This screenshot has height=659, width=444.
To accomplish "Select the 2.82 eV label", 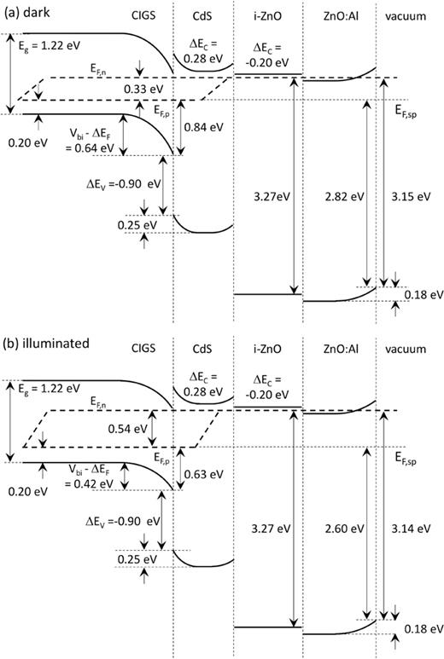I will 345,195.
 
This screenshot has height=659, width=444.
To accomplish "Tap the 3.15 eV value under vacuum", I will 408,195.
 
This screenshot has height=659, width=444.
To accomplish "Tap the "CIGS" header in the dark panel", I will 143,15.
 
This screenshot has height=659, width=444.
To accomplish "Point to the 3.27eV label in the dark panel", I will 266,195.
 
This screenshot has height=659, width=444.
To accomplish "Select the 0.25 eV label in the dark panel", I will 141,225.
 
